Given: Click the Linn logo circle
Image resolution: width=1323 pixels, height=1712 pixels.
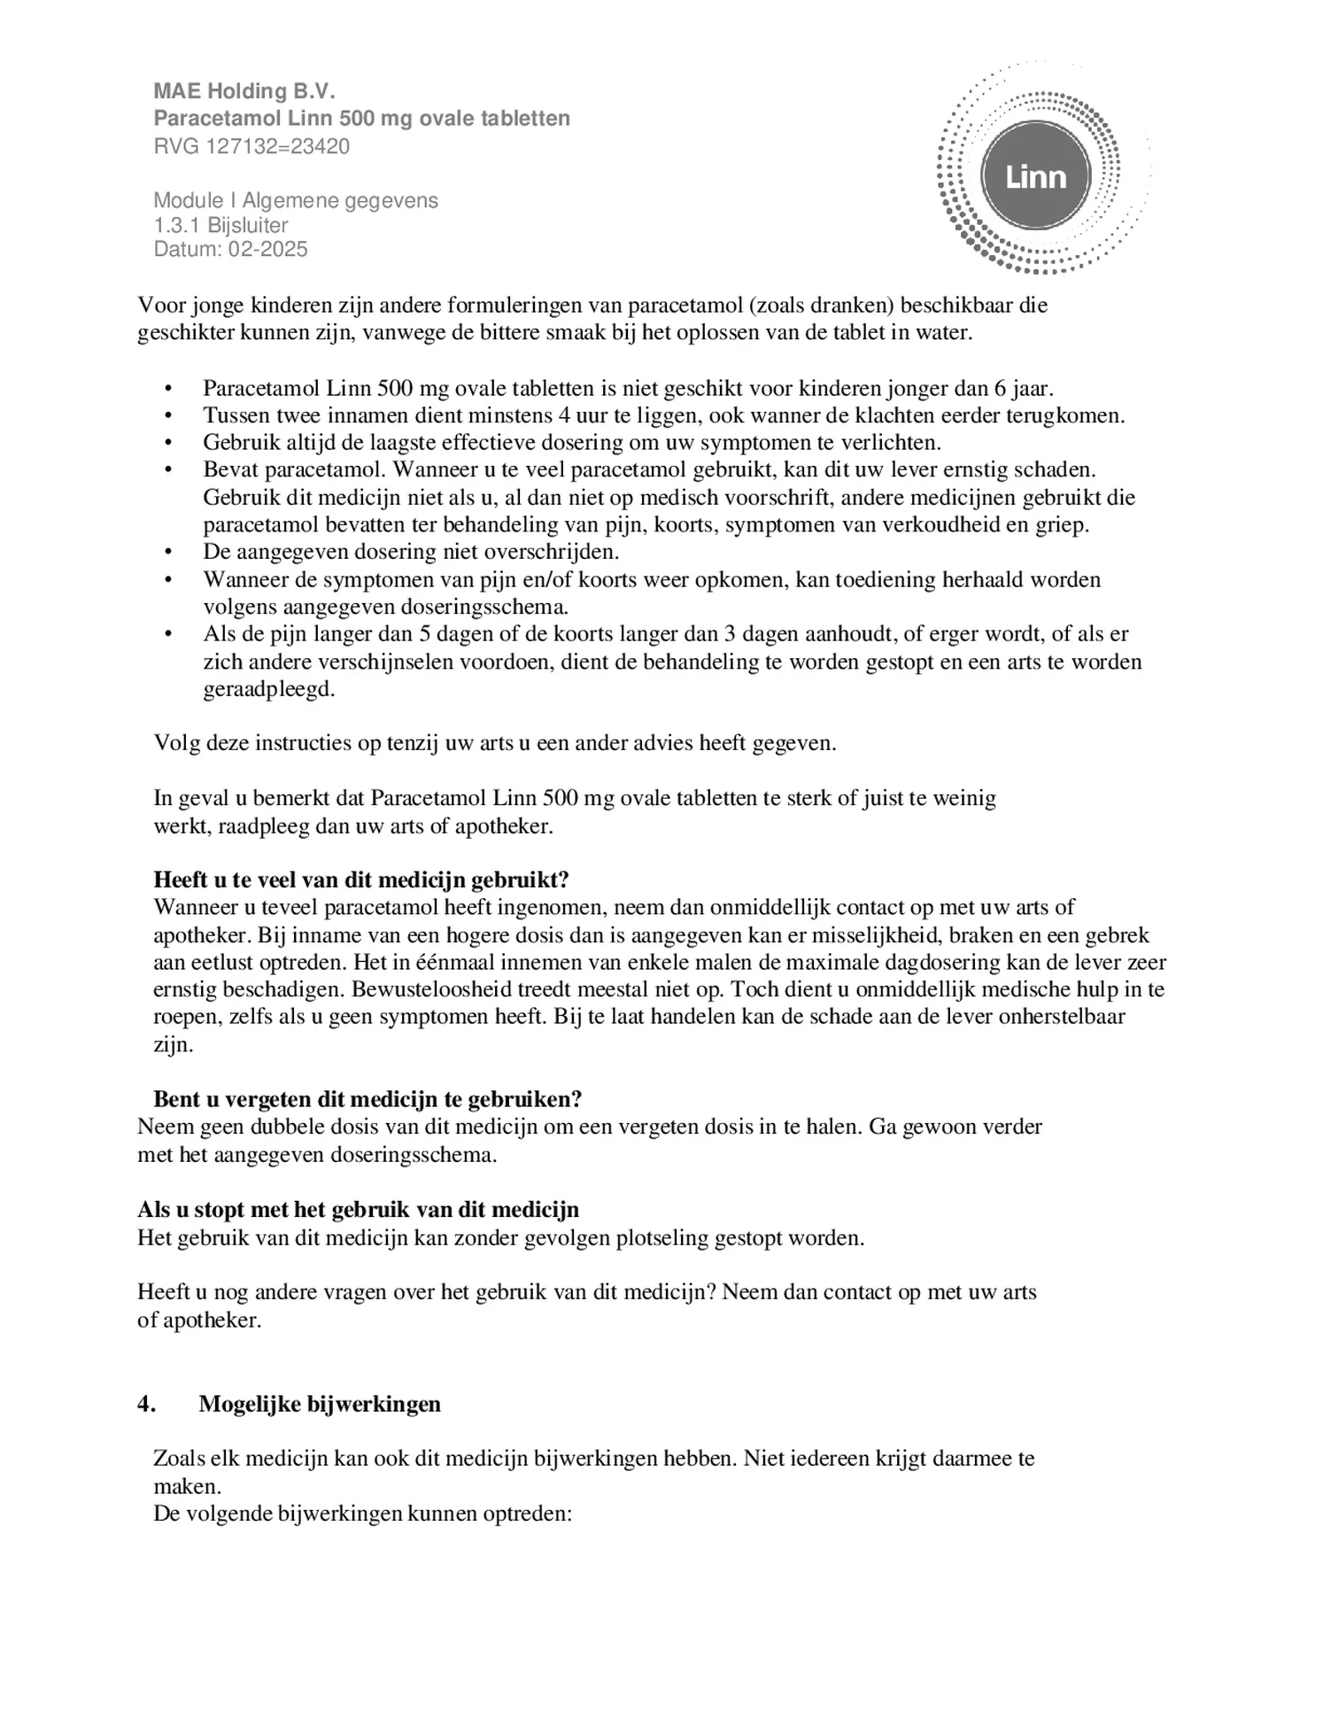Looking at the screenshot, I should point(1034,176).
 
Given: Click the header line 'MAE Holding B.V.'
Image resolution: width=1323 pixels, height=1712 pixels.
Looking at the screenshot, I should point(244,91).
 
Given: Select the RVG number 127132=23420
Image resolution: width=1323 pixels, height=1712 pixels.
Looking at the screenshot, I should point(278,146).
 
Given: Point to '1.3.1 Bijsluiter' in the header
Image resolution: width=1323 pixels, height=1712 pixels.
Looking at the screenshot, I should point(220,225).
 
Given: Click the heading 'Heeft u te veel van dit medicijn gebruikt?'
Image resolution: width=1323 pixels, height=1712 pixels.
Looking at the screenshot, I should point(361,879).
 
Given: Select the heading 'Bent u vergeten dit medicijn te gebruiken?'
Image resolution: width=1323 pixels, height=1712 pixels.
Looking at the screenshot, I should point(367,1099).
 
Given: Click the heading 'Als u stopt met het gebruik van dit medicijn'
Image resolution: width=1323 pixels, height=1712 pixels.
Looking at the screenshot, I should point(358,1209).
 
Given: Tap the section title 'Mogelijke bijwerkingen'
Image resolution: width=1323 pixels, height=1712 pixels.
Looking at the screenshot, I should point(320,1404).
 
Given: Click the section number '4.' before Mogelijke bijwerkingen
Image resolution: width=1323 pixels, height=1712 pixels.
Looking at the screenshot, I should point(147,1404).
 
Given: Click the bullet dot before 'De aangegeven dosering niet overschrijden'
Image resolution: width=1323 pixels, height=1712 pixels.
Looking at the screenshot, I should point(168,553).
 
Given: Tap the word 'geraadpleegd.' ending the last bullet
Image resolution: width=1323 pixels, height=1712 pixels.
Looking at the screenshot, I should point(269,689).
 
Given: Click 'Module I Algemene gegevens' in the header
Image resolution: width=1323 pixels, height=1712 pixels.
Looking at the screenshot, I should point(296,200).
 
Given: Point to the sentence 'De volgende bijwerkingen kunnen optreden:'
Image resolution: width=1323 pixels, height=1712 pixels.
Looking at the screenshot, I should point(363,1514).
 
